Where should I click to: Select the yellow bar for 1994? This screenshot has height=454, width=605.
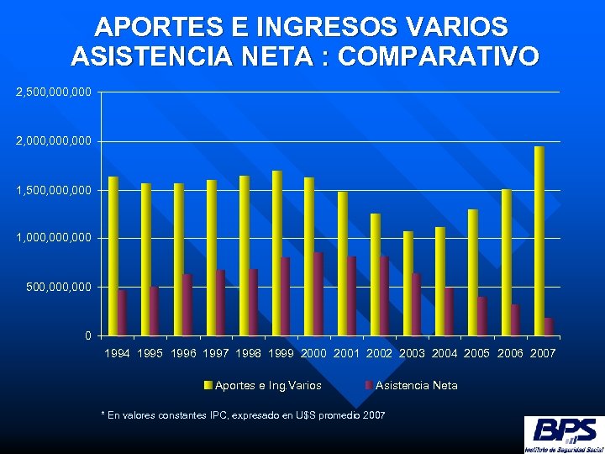point(113,256)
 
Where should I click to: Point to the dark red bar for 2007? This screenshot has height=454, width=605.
point(548,327)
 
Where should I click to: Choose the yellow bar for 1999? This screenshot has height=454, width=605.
point(276,253)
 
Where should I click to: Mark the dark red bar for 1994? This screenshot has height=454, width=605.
point(122,313)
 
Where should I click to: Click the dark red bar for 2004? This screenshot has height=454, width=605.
point(450,311)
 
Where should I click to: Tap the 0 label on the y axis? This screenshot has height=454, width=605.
point(88,336)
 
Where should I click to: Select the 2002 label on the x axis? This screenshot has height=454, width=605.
point(382,354)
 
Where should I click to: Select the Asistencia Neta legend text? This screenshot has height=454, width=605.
point(417,385)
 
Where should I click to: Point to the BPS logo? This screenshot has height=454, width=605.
point(562,434)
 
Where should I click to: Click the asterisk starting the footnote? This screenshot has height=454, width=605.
point(103,415)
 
